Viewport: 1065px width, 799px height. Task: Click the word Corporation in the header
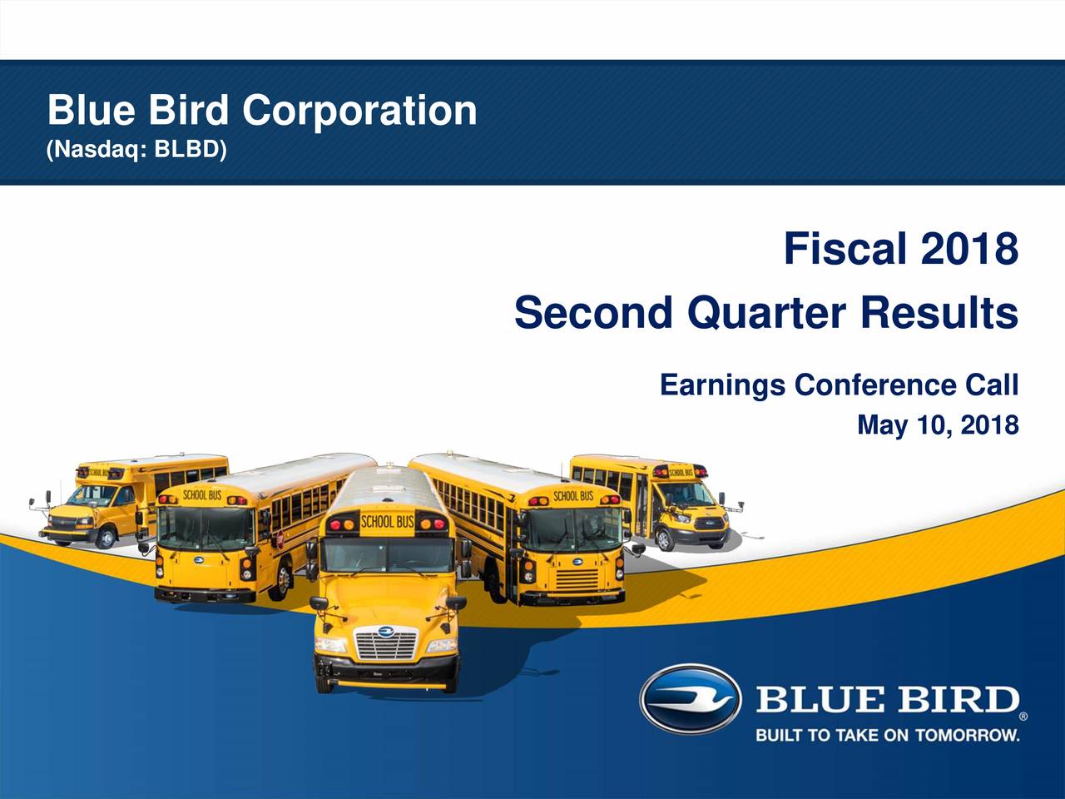click(359, 111)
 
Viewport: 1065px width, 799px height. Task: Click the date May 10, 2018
click(938, 425)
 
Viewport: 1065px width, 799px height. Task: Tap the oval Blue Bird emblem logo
click(691, 699)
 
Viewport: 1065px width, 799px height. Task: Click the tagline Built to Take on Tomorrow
click(888, 736)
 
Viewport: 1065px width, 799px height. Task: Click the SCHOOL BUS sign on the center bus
click(387, 522)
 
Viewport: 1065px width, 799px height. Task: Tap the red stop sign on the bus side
click(280, 539)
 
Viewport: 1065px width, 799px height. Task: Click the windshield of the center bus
click(387, 555)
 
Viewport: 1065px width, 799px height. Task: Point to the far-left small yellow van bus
click(131, 499)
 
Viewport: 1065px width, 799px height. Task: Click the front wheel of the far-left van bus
click(106, 538)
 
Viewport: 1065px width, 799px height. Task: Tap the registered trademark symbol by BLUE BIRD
click(1023, 716)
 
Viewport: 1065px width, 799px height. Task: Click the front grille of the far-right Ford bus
click(711, 523)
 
